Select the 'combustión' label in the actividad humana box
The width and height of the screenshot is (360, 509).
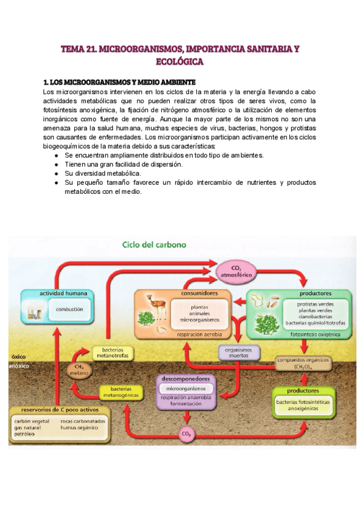69,310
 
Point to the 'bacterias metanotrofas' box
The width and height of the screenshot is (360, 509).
113,354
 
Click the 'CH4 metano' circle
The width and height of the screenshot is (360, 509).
79,370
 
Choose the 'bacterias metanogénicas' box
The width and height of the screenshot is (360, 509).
121,391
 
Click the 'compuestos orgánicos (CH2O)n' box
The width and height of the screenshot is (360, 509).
303,363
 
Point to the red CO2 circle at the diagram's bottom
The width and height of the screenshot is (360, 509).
186,433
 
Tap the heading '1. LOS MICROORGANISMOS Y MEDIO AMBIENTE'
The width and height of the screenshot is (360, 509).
119,82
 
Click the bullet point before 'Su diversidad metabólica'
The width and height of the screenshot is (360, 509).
56,173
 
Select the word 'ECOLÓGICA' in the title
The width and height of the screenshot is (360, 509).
180,61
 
